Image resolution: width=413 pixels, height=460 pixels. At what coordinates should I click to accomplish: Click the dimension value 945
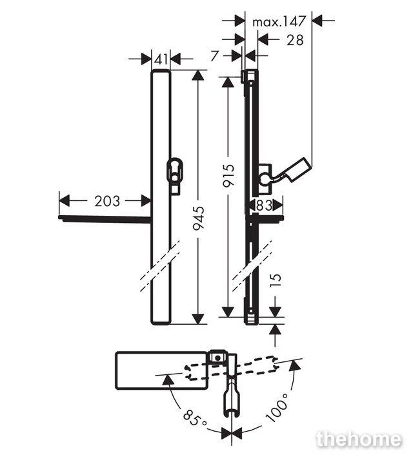tap(198, 218)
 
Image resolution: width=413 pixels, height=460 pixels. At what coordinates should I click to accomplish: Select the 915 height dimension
tap(228, 175)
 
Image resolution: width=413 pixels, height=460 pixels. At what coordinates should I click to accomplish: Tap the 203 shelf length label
tap(107, 201)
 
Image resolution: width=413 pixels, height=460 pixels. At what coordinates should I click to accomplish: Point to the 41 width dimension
tap(161, 59)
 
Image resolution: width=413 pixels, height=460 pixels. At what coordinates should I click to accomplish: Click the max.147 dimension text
tap(279, 21)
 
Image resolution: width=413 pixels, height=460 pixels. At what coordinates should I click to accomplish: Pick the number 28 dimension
tap(295, 40)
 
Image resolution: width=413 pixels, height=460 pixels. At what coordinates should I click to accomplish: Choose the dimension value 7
tap(215, 55)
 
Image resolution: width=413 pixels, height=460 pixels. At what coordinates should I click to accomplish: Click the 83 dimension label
tap(264, 206)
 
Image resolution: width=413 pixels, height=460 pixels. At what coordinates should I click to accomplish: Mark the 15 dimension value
tap(275, 281)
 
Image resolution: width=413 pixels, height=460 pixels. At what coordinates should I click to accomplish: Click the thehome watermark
tap(359, 439)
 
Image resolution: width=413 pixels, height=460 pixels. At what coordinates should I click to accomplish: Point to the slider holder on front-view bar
tap(175, 175)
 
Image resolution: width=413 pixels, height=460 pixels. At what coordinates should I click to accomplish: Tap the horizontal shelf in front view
tap(105, 218)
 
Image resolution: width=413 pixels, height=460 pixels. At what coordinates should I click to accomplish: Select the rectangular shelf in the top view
tap(161, 370)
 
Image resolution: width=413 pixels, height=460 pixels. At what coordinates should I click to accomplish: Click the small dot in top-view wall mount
tap(217, 358)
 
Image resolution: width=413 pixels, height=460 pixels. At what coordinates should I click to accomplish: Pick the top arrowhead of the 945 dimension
tap(198, 75)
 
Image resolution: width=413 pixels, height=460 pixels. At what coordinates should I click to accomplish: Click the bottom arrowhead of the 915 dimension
tap(228, 312)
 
